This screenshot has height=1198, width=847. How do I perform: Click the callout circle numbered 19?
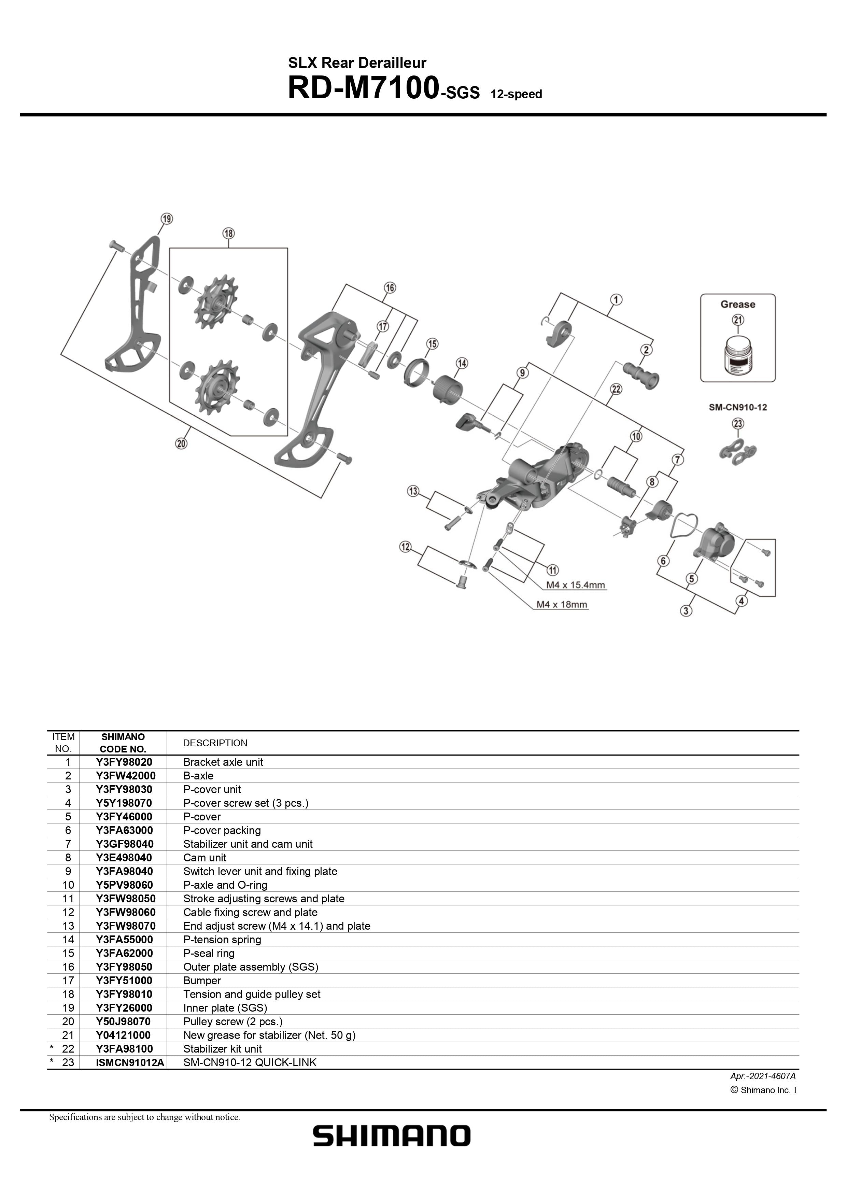pos(167,219)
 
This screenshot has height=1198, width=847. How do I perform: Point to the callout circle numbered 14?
pos(462,363)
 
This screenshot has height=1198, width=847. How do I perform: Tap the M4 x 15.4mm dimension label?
pos(575,585)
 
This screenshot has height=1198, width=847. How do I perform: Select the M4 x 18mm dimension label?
pos(562,605)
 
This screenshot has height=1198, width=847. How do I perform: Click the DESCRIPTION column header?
pos(215,743)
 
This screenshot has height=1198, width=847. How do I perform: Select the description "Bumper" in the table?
pos(202,981)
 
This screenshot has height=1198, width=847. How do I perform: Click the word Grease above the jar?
pos(737,304)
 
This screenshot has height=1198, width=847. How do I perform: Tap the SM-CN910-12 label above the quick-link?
pos(737,407)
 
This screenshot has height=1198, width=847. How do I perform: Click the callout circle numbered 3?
pos(686,610)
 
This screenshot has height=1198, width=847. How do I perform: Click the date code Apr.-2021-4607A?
pos(762,1076)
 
